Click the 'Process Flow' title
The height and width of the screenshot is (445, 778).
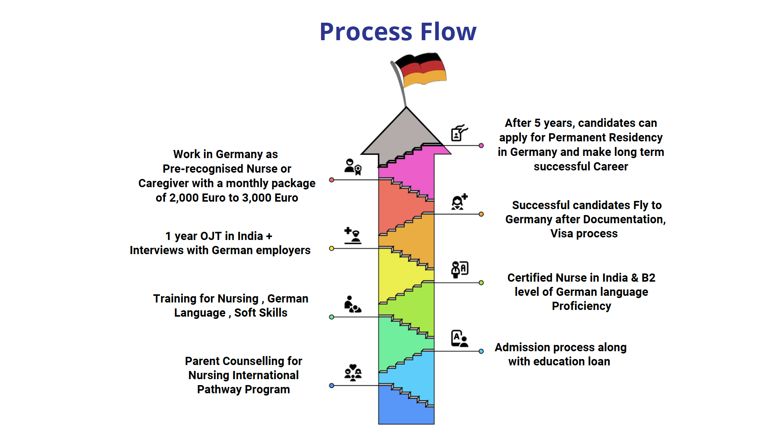[x=398, y=32]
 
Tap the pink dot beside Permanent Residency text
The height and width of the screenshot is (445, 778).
[x=481, y=145]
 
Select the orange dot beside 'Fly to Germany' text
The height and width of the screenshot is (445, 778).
[x=481, y=214]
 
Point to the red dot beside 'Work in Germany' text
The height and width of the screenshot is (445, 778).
[x=332, y=180]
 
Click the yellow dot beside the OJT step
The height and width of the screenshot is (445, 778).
[x=332, y=248]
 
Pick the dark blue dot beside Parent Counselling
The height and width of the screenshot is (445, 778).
[x=332, y=385]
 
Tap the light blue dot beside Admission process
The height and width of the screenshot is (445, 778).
[x=481, y=351]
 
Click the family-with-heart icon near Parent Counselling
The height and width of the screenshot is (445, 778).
[x=353, y=372]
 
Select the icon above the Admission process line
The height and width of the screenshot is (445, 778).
[x=459, y=339]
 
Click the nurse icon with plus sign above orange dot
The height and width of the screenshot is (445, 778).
[x=459, y=202]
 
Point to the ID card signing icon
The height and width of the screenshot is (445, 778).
[x=459, y=133]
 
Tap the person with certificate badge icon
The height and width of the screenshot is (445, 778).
[x=353, y=167]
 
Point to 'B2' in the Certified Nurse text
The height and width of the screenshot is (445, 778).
[x=648, y=278]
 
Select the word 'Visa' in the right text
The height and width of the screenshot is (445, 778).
[x=561, y=234]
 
